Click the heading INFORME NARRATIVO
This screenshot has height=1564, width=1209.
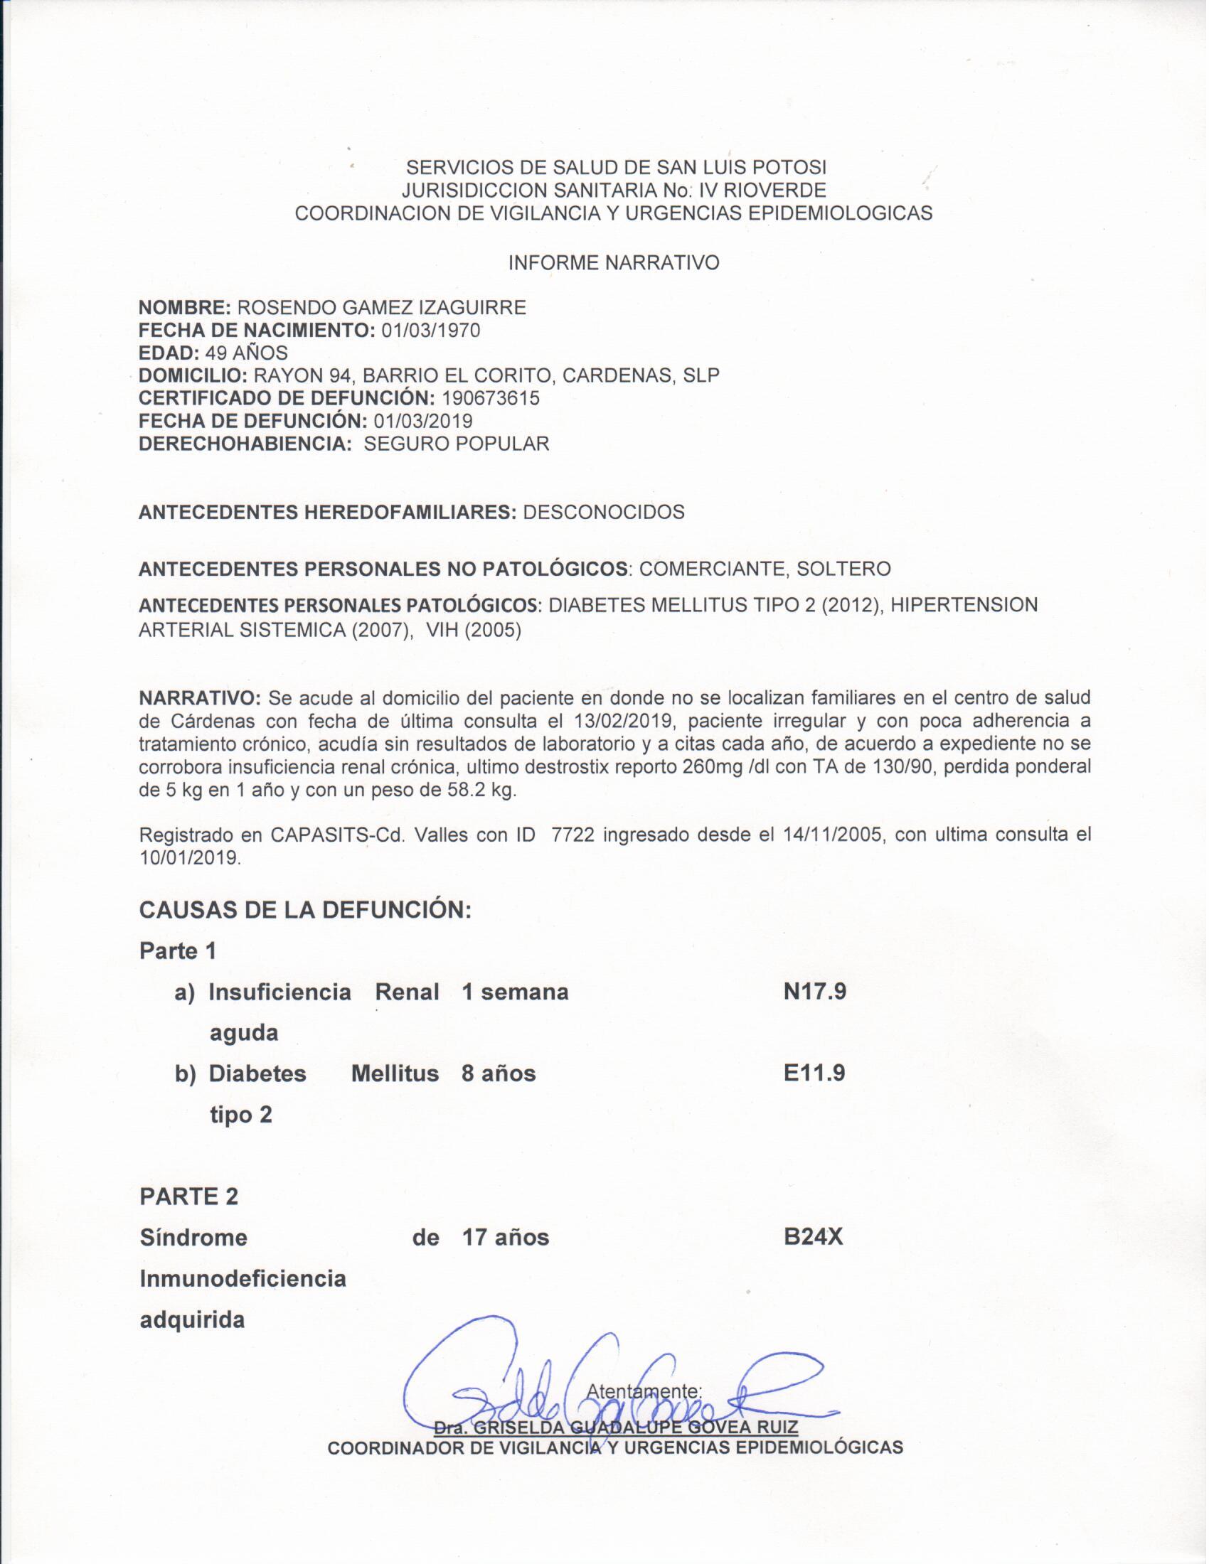click(614, 263)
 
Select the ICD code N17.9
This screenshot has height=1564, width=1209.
click(815, 992)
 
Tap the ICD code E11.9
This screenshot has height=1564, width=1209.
click(814, 1073)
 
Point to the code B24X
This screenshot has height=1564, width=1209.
click(813, 1238)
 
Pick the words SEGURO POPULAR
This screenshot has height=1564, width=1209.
click(457, 444)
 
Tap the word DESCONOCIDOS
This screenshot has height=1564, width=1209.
click(604, 512)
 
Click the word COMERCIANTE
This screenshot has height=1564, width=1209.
click(712, 569)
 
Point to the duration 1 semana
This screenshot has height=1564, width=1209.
click(515, 992)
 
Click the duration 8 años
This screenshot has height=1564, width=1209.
click(499, 1073)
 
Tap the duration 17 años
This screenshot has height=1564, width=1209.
click(506, 1238)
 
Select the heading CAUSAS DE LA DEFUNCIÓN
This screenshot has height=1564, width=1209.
click(305, 910)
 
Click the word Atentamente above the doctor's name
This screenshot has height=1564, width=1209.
click(643, 1391)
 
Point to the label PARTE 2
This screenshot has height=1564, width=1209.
click(189, 1196)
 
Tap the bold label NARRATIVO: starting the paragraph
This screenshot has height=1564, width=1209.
click(201, 697)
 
